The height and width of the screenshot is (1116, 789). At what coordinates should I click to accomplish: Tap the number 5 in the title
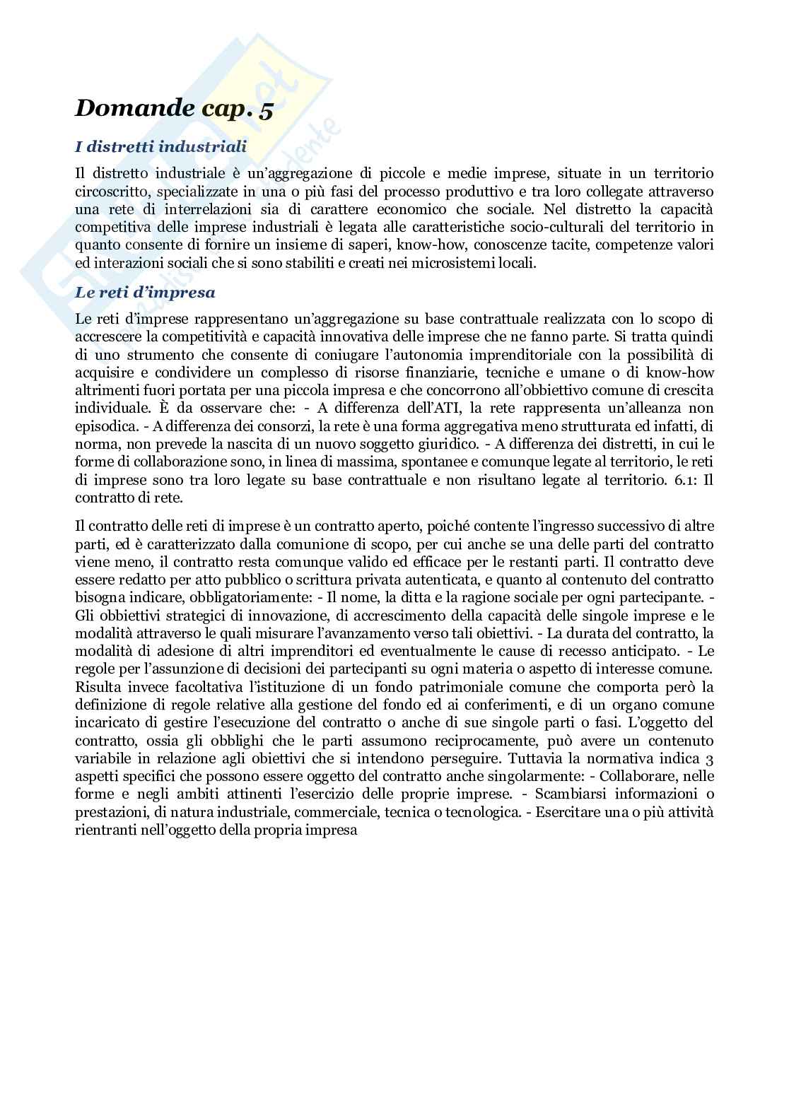click(x=267, y=110)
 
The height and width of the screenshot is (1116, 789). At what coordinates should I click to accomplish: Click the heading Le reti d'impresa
click(x=145, y=292)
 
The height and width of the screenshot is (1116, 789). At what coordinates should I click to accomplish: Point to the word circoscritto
click(x=112, y=192)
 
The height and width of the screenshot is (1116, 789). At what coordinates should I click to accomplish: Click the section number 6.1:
click(x=679, y=480)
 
